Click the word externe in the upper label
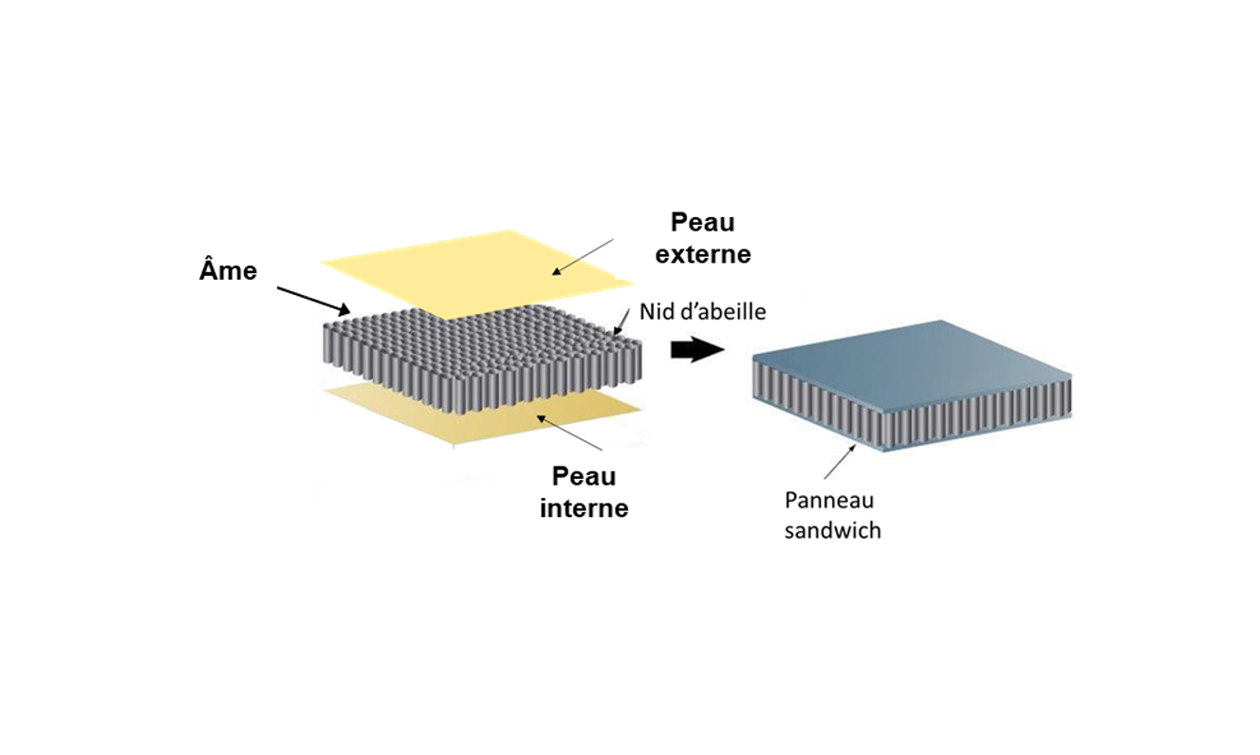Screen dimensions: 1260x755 click(703, 254)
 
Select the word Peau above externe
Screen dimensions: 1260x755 click(703, 222)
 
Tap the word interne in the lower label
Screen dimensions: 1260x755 click(584, 508)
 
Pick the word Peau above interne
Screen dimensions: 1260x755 click(584, 476)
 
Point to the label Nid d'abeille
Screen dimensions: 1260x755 click(702, 311)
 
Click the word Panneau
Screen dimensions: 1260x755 click(829, 500)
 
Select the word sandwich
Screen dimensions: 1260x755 click(833, 531)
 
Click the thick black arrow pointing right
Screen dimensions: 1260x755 click(697, 349)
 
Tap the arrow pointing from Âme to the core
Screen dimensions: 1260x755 click(313, 301)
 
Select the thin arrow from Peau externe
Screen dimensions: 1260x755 click(583, 257)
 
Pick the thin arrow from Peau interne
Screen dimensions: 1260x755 click(569, 433)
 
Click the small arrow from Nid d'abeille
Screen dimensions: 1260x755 click(621, 322)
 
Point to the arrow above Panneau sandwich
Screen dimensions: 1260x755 click(841, 461)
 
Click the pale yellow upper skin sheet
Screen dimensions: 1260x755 click(478, 269)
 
